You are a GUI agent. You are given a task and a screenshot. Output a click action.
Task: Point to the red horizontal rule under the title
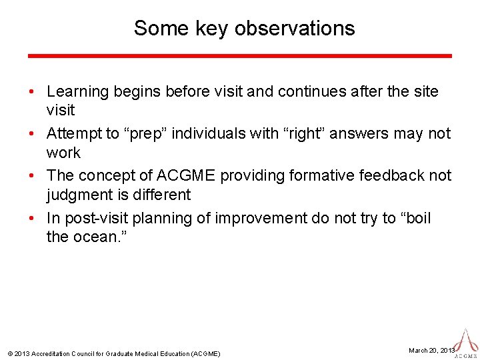240,56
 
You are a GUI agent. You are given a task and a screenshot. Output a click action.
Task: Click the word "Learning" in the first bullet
78,91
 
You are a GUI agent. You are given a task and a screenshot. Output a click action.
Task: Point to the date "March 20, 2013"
431,350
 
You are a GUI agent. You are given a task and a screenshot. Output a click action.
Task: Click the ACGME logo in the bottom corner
467,343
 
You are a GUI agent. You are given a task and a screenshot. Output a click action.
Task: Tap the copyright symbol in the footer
9,353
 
